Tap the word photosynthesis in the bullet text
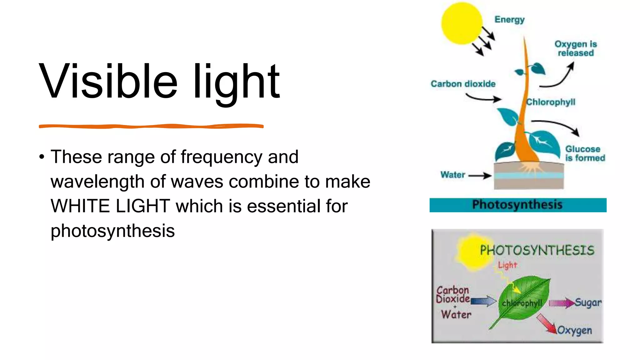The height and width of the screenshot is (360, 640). click(112, 231)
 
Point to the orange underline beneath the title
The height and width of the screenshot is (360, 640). click(151, 126)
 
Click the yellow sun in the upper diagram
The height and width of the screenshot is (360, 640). click(461, 23)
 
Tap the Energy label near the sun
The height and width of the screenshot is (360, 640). click(509, 20)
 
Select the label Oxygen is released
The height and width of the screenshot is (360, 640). click(576, 48)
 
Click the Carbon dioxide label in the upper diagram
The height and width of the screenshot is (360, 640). click(463, 84)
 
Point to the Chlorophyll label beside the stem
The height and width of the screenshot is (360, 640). click(551, 102)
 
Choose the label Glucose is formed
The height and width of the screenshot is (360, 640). click(585, 153)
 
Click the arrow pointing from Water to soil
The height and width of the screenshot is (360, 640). click(480, 176)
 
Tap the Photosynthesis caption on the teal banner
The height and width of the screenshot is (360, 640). click(517, 205)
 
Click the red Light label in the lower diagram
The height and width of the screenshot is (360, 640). click(507, 265)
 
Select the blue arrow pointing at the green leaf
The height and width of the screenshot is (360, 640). click(483, 301)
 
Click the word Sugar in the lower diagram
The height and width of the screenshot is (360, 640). click(588, 302)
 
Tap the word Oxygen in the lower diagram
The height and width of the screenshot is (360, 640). click(574, 330)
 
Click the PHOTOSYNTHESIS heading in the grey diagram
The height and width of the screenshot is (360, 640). click(537, 250)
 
